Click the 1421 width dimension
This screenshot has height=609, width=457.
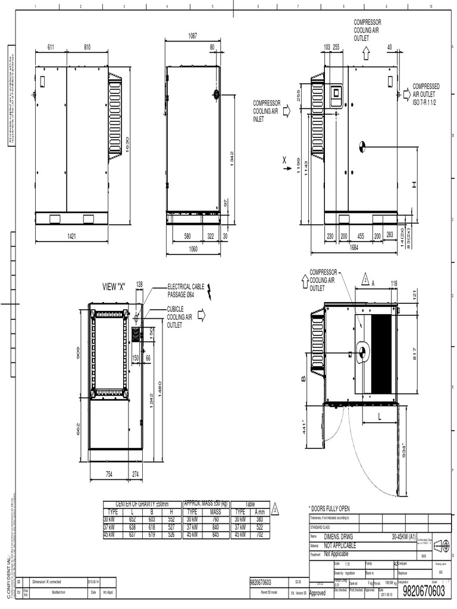72,236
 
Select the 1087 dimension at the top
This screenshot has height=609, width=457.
192,36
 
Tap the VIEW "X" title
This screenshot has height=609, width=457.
116,287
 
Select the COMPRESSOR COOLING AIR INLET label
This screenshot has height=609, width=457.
266,111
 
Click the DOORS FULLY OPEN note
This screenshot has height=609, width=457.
329,508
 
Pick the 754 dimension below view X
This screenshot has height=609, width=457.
109,474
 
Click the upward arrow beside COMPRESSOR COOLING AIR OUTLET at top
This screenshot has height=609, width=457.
366,53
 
